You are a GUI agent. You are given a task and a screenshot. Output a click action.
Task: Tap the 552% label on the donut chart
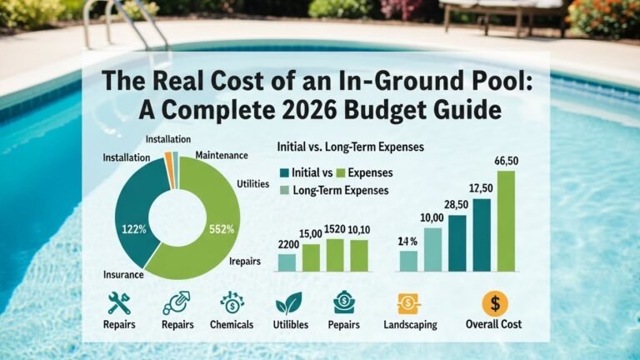[x=222, y=229]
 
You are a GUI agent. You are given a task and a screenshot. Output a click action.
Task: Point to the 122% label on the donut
[x=135, y=229]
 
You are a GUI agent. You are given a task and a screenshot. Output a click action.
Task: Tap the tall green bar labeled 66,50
[x=506, y=221]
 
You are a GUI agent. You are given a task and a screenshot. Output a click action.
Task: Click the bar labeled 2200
[x=287, y=262]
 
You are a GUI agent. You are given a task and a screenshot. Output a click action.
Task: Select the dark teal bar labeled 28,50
[x=457, y=243]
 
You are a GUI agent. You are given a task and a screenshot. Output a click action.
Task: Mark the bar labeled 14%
[x=408, y=261]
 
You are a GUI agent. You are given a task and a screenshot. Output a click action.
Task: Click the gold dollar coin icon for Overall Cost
[x=495, y=303]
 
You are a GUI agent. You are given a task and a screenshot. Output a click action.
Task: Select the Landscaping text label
[x=410, y=325]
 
